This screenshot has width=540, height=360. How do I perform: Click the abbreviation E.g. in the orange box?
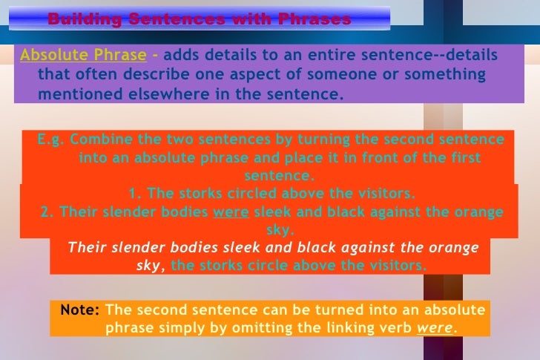(x=50, y=140)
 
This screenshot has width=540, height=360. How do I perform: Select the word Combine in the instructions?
(x=99, y=140)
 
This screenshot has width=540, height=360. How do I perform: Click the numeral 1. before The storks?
(x=134, y=194)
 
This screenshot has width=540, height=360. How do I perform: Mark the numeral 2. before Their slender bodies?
(x=48, y=212)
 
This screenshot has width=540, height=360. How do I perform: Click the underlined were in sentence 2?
(x=231, y=212)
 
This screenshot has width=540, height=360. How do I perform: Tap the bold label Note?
(x=80, y=309)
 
